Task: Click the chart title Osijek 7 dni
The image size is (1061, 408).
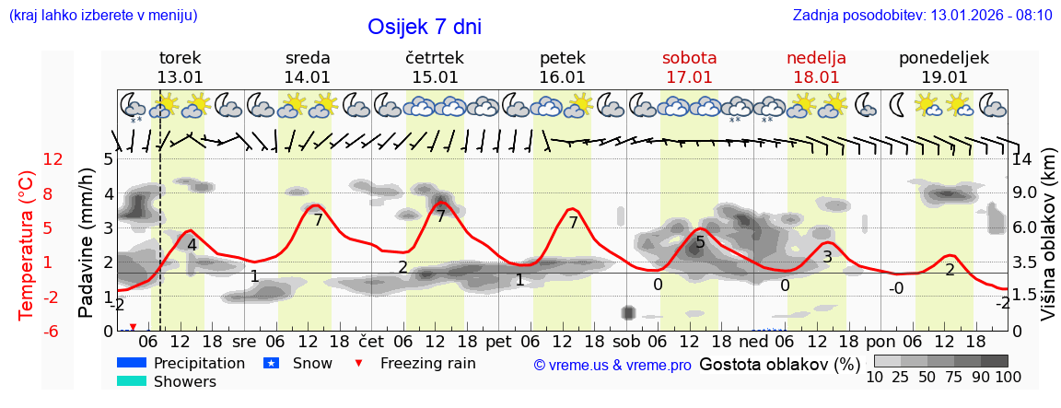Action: coord(424,27)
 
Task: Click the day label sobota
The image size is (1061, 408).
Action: coord(689,58)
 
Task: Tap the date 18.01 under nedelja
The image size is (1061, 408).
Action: coord(816,77)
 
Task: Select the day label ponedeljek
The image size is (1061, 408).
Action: coord(944,58)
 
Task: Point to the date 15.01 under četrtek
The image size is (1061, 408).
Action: coord(435,77)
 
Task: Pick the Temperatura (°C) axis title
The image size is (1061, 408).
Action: coord(28,244)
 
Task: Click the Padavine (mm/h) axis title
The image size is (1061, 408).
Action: coord(87,242)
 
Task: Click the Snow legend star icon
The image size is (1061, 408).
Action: coord(271,363)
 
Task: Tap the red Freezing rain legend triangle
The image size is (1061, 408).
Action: coord(359,363)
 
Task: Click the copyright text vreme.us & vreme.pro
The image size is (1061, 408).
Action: coord(612,365)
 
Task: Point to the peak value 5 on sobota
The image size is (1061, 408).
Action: coord(700,242)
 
